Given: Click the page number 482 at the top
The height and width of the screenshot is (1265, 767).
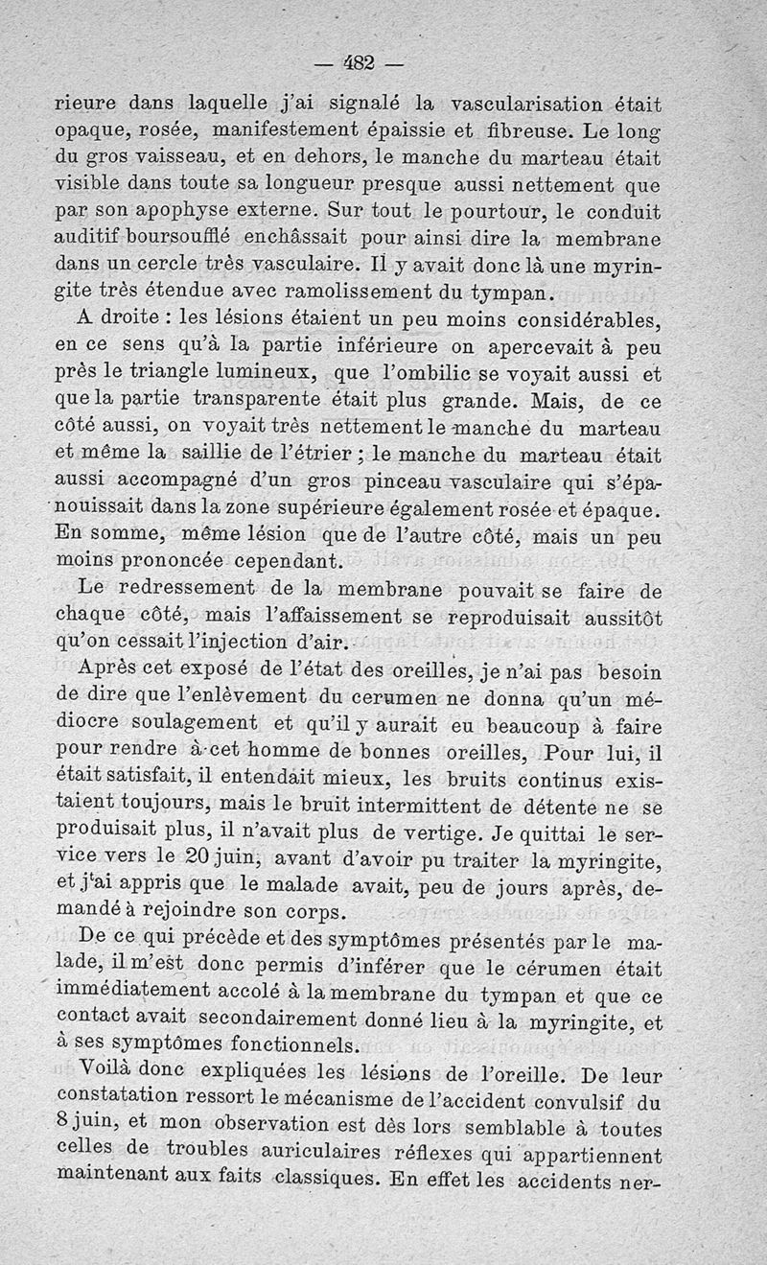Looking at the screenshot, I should coord(359,65).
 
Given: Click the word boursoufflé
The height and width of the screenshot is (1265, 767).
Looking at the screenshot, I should coord(176,234).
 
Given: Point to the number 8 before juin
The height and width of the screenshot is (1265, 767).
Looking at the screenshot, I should coord(65,1121).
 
